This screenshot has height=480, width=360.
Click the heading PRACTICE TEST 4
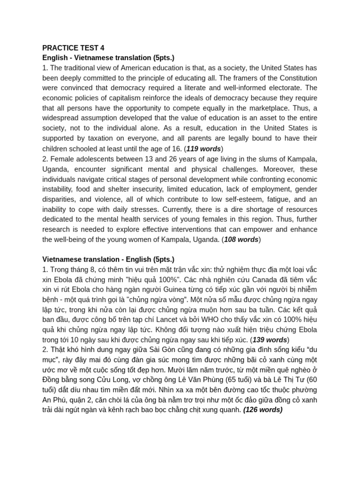click(x=73, y=48)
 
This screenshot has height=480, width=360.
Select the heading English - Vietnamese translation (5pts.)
click(x=108, y=58)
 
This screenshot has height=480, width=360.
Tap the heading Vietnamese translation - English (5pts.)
click(x=108, y=259)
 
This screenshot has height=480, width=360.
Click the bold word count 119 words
click(x=203, y=149)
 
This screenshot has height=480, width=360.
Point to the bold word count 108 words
click(x=241, y=240)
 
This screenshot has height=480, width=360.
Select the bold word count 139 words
click(x=270, y=340)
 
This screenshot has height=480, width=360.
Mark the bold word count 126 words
click(x=262, y=410)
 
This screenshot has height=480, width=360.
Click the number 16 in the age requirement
click(x=177, y=149)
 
